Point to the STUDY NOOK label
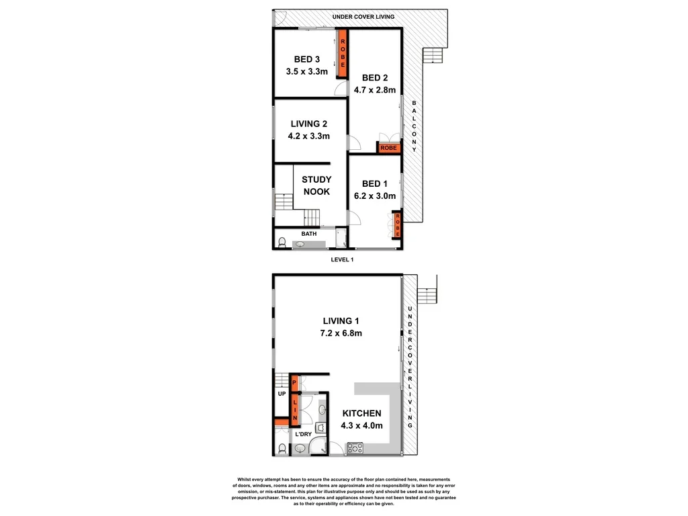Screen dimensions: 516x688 click(316, 185)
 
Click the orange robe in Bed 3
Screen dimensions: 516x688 click(342, 54)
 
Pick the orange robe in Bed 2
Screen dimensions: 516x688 click(388, 148)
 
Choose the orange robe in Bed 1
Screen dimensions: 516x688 click(397, 223)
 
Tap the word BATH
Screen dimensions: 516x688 click(309, 234)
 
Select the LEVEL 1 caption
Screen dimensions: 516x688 click(343, 259)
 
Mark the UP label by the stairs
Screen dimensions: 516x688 click(282, 394)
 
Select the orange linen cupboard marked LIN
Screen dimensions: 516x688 click(294, 409)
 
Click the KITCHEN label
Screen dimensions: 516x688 click(361, 413)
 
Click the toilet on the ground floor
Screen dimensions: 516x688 click(281, 448)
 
